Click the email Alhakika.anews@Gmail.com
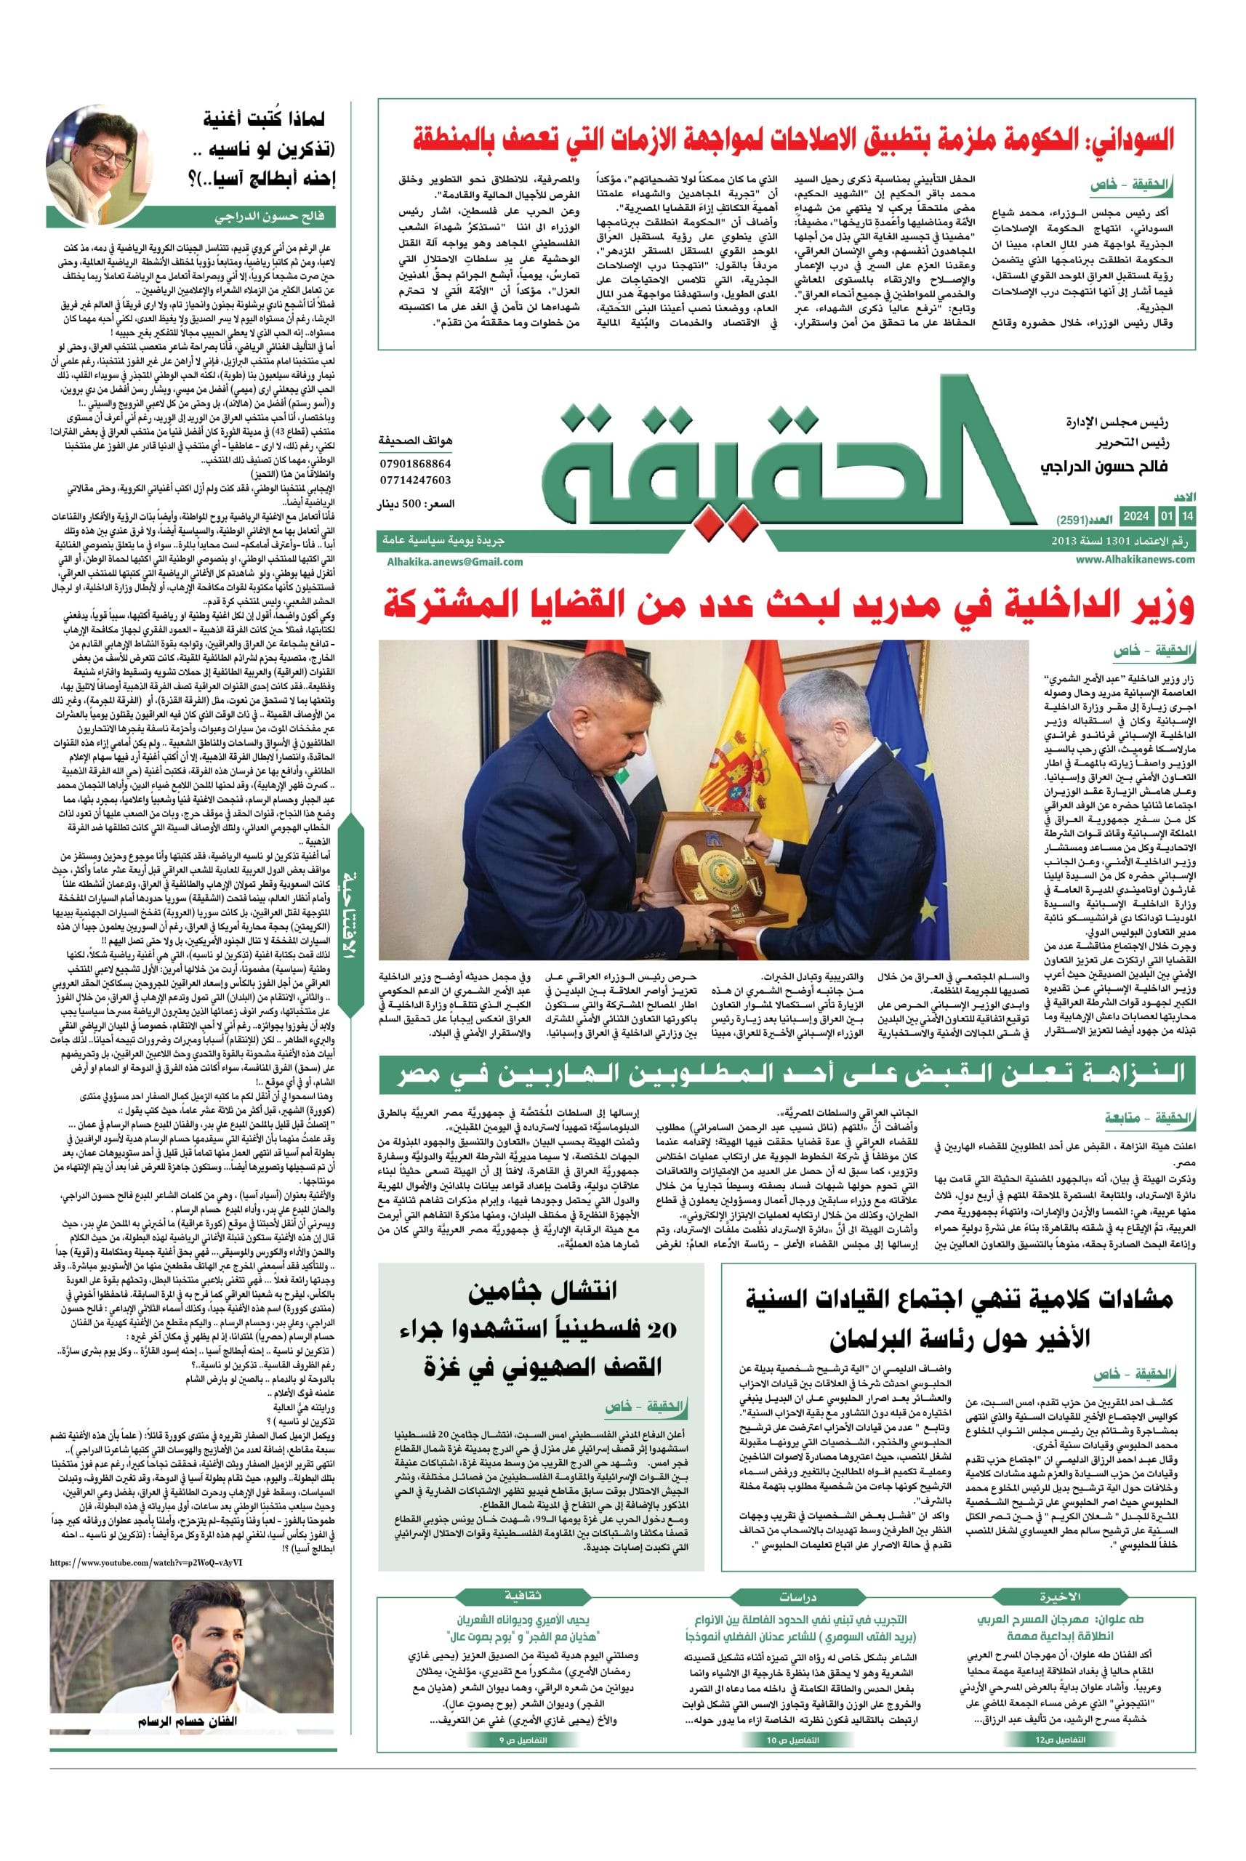point(451,561)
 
